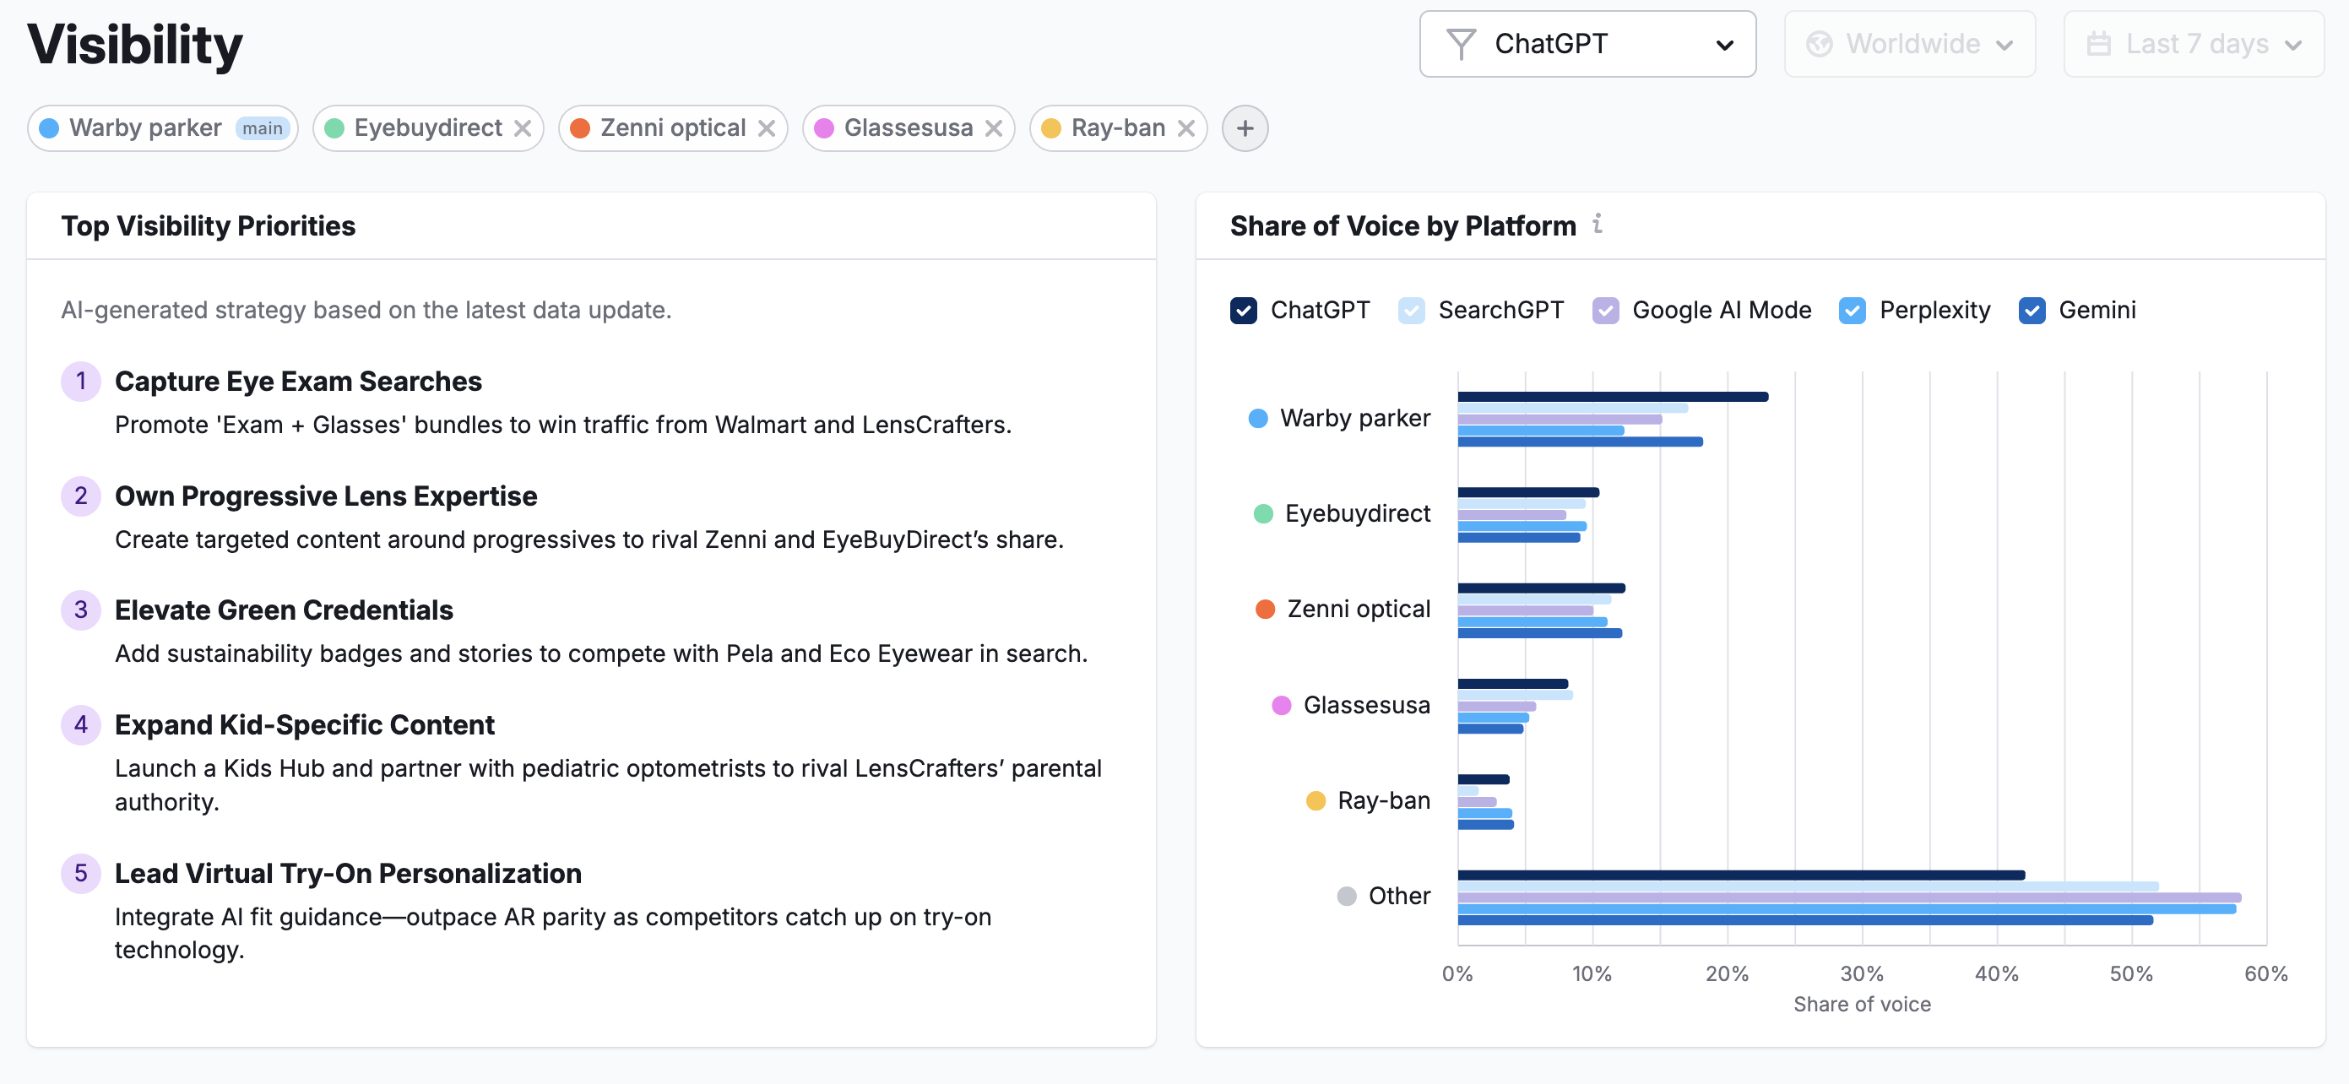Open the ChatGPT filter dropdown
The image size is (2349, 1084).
pyautogui.click(x=1587, y=44)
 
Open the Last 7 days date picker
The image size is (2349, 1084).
pyautogui.click(x=2193, y=44)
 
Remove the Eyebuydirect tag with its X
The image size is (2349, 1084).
pyautogui.click(x=523, y=128)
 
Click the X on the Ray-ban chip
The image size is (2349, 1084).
pyautogui.click(x=1185, y=128)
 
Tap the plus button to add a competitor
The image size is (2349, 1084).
pyautogui.click(x=1245, y=128)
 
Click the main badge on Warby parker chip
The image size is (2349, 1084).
pyautogui.click(x=263, y=128)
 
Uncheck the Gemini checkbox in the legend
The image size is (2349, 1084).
pyautogui.click(x=2032, y=311)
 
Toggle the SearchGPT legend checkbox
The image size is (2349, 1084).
pyautogui.click(x=1411, y=311)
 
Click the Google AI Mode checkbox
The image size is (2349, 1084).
pyautogui.click(x=1605, y=311)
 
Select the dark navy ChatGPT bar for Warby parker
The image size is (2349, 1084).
pyautogui.click(x=1612, y=397)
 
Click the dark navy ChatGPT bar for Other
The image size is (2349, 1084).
pyautogui.click(x=1740, y=875)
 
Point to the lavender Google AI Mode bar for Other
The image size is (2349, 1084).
pyautogui.click(x=1848, y=898)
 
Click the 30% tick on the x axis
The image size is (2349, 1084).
pyautogui.click(x=1861, y=973)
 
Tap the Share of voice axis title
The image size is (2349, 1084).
pyautogui.click(x=1861, y=1004)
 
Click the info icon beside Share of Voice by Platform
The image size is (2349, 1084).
pyautogui.click(x=1598, y=224)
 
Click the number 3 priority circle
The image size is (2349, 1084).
pyautogui.click(x=81, y=610)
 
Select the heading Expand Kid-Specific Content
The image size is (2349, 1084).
pyautogui.click(x=304, y=725)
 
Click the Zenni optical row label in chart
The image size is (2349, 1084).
pyautogui.click(x=1358, y=609)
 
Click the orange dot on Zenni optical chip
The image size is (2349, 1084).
pyautogui.click(x=580, y=128)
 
